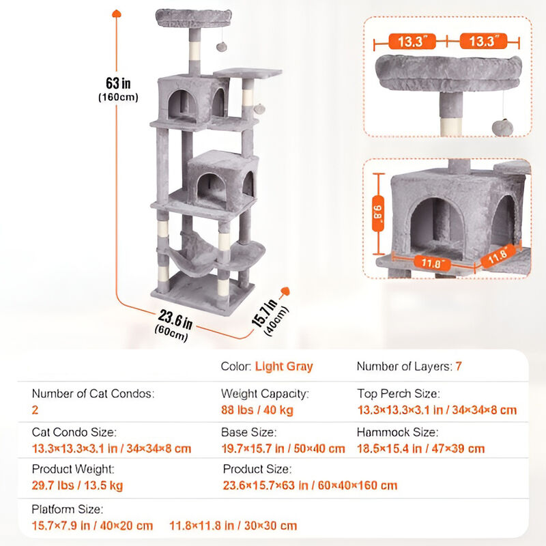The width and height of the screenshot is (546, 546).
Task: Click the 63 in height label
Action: point(117,83)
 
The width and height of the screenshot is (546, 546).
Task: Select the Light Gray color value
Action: point(284,367)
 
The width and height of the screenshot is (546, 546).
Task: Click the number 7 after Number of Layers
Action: point(459,367)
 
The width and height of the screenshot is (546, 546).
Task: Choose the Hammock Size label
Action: point(397,432)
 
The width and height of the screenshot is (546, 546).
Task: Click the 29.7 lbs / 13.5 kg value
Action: point(78,486)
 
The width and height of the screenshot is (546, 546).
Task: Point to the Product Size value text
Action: point(311,486)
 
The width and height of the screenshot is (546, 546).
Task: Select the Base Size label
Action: point(248,432)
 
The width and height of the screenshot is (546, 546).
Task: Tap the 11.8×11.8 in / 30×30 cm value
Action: point(234,526)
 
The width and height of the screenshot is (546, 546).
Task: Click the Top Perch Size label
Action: point(399,394)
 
